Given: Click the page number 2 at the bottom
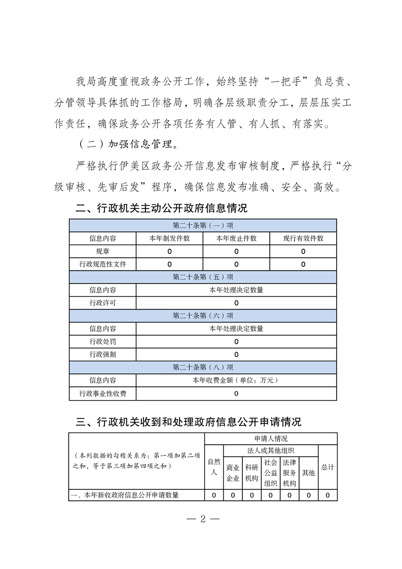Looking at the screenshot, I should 202,519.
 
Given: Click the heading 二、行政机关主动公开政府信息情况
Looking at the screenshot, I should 161,208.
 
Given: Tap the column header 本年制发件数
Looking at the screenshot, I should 169,238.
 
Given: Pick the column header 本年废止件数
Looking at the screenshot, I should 236,238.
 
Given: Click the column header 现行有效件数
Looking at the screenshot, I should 303,238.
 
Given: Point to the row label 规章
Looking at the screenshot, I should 102,251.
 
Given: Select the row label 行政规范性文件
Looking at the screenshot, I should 102,264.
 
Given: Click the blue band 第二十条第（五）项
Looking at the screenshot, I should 203,277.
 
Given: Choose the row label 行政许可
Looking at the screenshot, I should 102,303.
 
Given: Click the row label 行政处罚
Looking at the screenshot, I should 102,341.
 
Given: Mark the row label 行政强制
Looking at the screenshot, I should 102,354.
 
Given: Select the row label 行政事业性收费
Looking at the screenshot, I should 102,393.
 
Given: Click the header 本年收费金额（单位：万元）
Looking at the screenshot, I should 236,380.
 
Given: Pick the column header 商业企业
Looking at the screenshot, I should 233,473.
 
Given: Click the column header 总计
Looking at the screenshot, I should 327,467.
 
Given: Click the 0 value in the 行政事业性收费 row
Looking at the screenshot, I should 236,393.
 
